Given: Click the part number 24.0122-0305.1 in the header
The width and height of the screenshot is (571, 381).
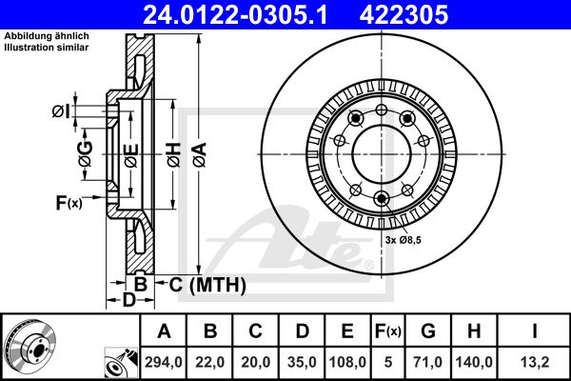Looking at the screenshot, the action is click(235, 15).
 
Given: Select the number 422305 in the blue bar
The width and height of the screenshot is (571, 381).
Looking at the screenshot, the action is click(404, 15).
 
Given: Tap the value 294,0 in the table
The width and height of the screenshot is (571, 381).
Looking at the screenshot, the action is click(164, 362).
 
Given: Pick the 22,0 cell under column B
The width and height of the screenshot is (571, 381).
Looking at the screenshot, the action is click(209, 362).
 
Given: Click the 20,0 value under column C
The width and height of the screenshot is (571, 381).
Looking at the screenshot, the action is click(256, 362).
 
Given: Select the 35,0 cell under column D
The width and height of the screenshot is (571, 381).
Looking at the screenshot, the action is click(302, 362).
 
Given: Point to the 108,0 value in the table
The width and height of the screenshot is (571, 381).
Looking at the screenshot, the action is click(347, 362).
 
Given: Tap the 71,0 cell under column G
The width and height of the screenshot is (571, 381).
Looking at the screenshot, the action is click(428, 362).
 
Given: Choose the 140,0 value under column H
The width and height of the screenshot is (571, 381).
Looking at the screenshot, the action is click(474, 362).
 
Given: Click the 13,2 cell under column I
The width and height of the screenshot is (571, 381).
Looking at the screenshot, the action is click(535, 362).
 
